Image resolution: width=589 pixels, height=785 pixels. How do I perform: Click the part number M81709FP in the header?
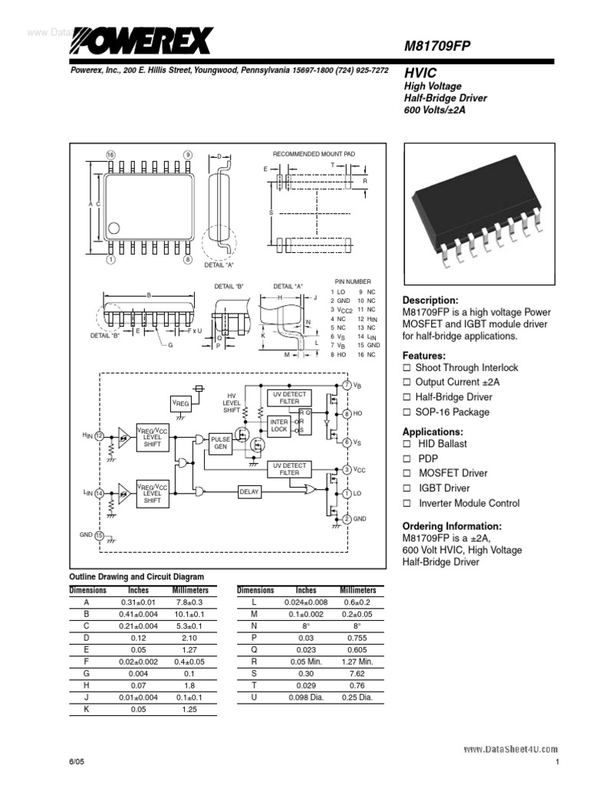pyautogui.click(x=436, y=47)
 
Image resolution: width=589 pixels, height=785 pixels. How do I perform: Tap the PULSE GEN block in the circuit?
pyautogui.click(x=220, y=442)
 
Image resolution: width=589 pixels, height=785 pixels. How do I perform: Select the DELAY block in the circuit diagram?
pyautogui.click(x=249, y=491)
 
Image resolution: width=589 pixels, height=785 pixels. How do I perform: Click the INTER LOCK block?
pyautogui.click(x=278, y=425)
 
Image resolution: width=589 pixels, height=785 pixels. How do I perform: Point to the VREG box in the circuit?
pyautogui.click(x=179, y=402)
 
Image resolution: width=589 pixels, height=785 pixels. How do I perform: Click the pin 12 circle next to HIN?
pyautogui.click(x=99, y=435)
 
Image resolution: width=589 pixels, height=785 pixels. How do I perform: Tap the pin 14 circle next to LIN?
pyautogui.click(x=99, y=493)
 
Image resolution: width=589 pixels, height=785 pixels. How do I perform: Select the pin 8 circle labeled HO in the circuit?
pyautogui.click(x=347, y=413)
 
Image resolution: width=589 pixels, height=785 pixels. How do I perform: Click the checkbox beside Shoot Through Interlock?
pyautogui.click(x=407, y=368)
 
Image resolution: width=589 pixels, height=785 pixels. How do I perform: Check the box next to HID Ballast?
pyautogui.click(x=407, y=444)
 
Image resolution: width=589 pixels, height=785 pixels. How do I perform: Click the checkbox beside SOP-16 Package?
pyautogui.click(x=407, y=412)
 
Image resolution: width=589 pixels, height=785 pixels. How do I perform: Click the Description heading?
pyautogui.click(x=430, y=301)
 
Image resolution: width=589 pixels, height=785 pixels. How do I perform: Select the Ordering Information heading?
pyautogui.click(x=452, y=526)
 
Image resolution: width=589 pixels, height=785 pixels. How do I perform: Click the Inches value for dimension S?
pyautogui.click(x=306, y=673)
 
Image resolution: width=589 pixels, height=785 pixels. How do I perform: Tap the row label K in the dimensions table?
pyautogui.click(x=86, y=709)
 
